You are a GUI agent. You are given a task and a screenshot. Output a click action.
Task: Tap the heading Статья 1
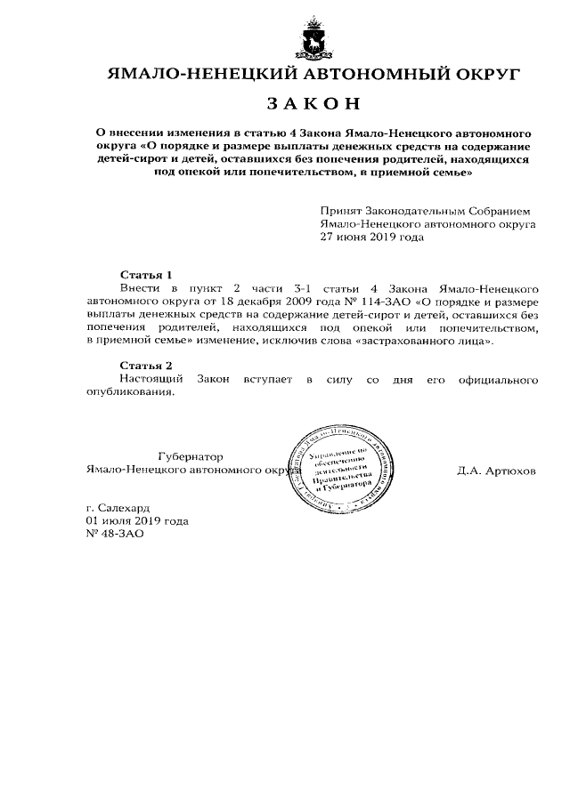point(144,275)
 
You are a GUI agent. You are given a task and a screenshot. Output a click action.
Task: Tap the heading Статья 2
point(144,366)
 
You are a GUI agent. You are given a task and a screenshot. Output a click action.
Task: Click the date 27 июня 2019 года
point(372,237)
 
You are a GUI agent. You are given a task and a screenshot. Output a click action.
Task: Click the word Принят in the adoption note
point(342,212)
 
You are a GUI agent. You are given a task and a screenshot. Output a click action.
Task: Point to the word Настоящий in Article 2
point(149,380)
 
